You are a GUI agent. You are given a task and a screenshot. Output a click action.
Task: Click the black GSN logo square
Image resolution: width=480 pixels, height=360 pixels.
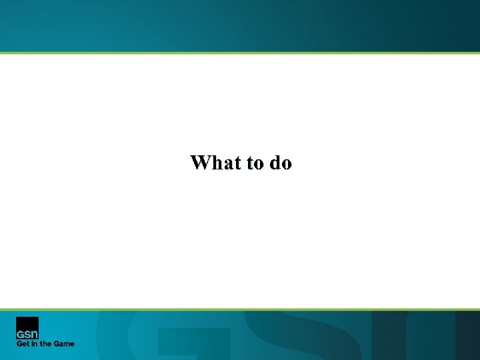pyautogui.click(x=27, y=328)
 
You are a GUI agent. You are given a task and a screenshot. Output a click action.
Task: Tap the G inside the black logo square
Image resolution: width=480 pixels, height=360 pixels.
pyautogui.click(x=21, y=334)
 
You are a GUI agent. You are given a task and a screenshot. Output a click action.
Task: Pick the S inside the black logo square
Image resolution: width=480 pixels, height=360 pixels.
pyautogui.click(x=27, y=334)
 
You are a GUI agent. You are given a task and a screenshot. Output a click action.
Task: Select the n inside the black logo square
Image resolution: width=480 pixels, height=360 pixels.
pyautogui.click(x=34, y=334)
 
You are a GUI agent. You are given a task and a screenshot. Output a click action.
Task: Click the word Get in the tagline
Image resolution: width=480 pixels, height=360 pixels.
pyautogui.click(x=23, y=344)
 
